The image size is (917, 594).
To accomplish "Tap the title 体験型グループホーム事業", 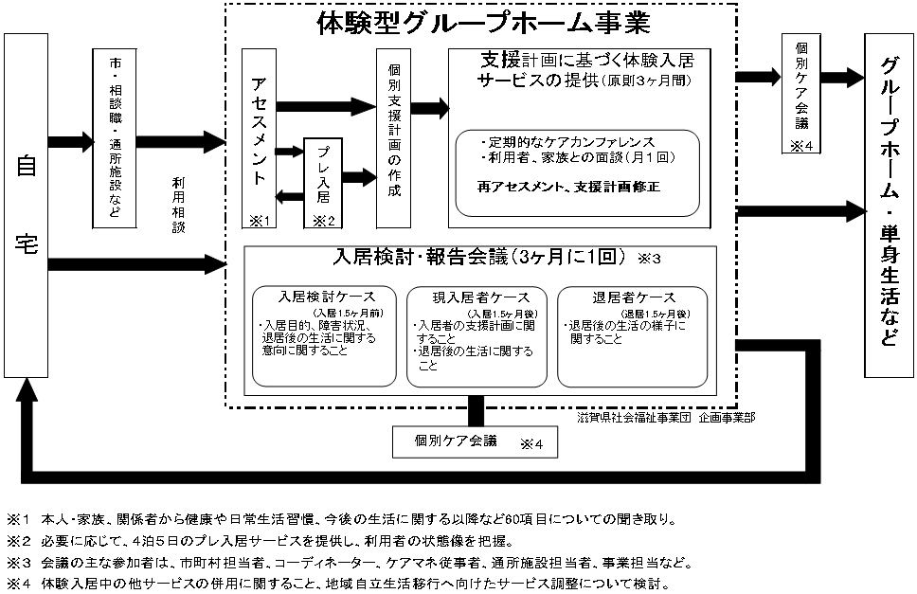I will coord(482,23).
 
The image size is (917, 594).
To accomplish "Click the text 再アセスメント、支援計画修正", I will coord(570,187).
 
